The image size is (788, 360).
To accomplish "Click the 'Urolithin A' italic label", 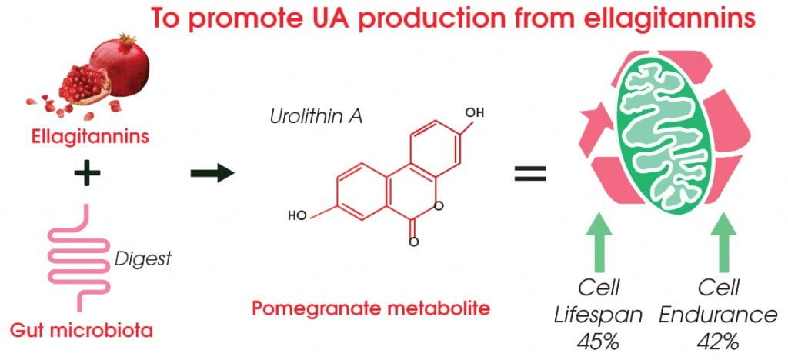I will tap(306, 118).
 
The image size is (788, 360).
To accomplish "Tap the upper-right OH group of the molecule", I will tap(475, 113).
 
